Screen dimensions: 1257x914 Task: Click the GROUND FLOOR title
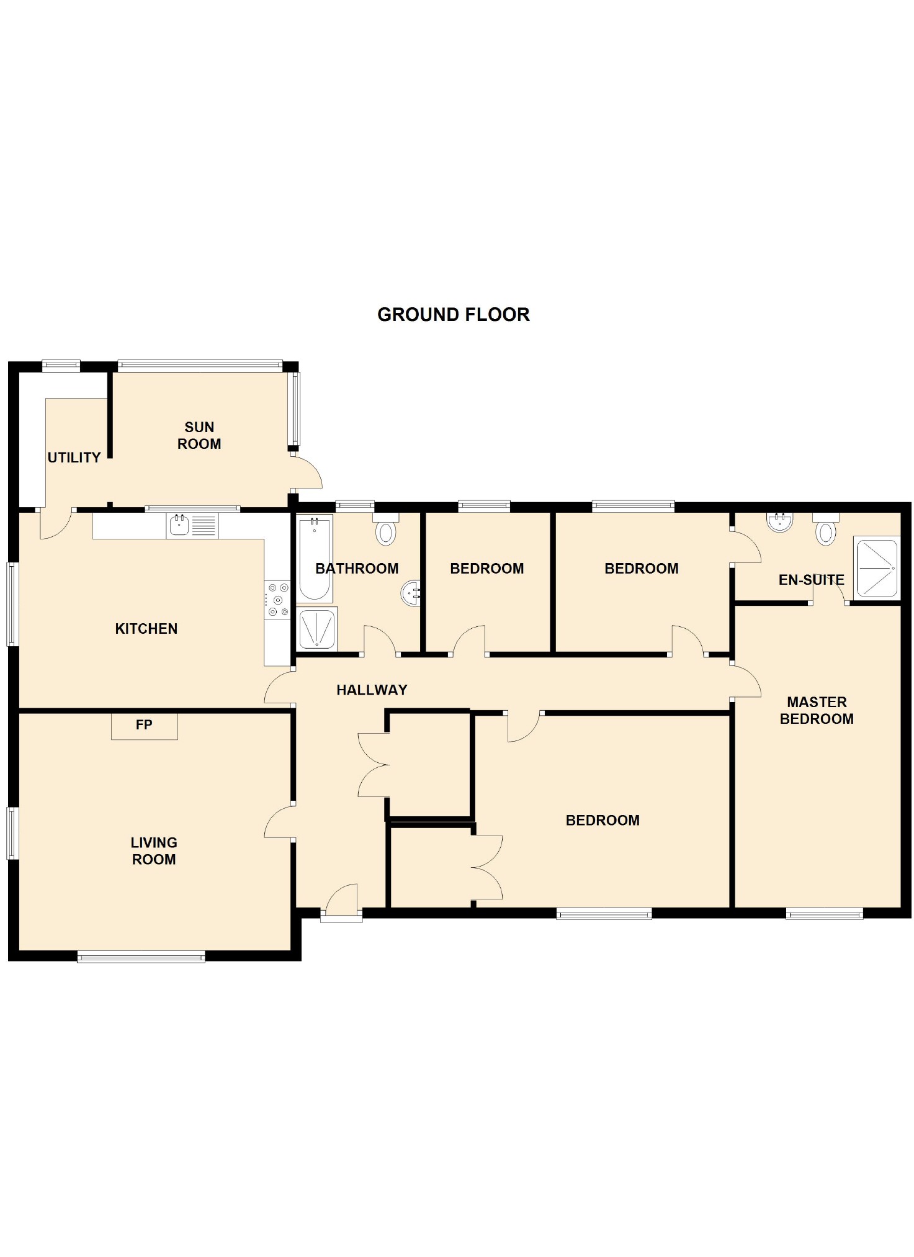[x=453, y=314]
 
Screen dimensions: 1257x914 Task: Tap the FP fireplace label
[x=144, y=724]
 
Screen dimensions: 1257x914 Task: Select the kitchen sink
[x=180, y=525]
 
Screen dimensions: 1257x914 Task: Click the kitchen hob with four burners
[x=277, y=600]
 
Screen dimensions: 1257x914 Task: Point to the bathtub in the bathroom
[x=314, y=559]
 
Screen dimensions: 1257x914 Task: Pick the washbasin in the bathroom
[x=410, y=593]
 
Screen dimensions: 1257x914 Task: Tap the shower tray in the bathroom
[x=317, y=629]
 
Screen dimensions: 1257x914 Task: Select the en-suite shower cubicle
[x=876, y=568]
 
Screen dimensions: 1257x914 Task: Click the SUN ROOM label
[x=199, y=435]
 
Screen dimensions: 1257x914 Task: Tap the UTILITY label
[x=74, y=457]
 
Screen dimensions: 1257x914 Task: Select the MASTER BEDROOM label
[x=816, y=710]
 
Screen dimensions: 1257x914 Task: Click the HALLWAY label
[x=372, y=690]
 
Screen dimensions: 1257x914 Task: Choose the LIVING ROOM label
[x=154, y=850]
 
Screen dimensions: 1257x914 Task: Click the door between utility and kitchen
[x=56, y=525]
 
